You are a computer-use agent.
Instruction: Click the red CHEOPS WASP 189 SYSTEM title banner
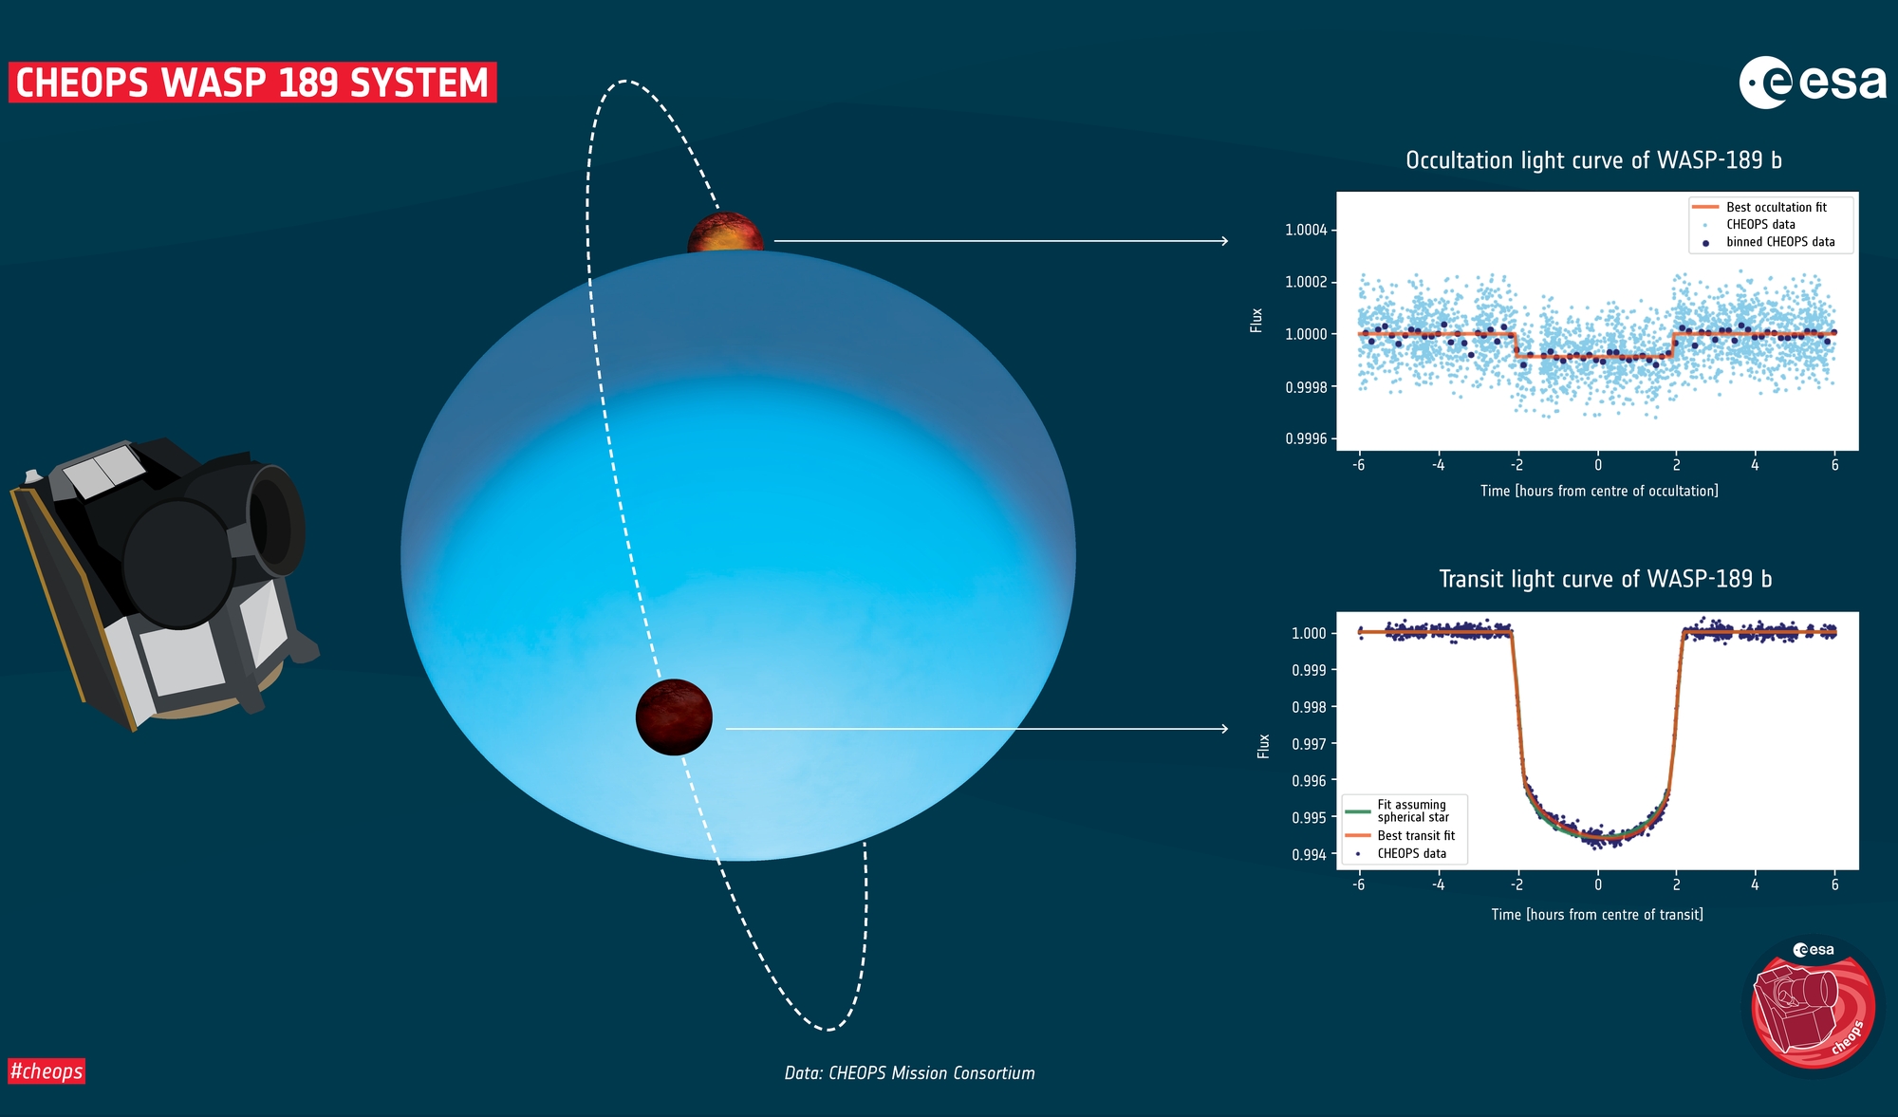(x=252, y=83)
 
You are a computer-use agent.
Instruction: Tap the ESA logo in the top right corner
(x=1813, y=83)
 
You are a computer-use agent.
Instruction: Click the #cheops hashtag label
(x=47, y=1071)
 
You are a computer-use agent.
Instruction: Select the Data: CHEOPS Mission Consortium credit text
(x=909, y=1073)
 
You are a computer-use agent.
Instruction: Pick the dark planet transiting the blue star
(x=674, y=717)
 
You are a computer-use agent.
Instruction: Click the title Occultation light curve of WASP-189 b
(x=1594, y=160)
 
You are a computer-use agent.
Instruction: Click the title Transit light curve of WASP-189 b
(x=1606, y=579)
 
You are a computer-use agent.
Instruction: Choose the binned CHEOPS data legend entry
(x=1769, y=242)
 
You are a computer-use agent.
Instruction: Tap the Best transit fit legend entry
(x=1401, y=836)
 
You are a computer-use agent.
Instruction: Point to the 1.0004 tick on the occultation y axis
(x=1306, y=230)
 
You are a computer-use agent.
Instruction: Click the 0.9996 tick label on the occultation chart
(x=1306, y=438)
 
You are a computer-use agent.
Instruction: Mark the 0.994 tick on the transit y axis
(x=1309, y=855)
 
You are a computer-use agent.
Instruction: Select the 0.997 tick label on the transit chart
(x=1309, y=744)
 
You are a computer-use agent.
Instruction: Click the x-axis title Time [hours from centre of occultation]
(x=1599, y=491)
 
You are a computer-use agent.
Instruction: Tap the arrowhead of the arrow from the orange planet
(x=1225, y=241)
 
